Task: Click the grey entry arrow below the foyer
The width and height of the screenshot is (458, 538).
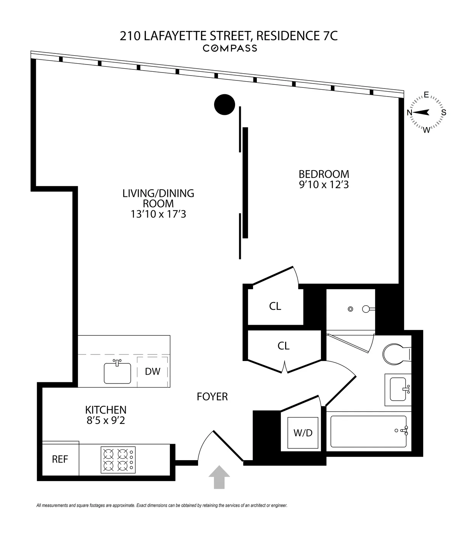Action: click(219, 477)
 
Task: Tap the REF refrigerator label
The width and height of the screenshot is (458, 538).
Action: click(60, 459)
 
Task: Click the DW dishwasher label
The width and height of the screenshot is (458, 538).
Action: click(153, 371)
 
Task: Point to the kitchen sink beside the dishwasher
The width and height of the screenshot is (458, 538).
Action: click(117, 373)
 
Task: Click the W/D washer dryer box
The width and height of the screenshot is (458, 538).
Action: click(303, 433)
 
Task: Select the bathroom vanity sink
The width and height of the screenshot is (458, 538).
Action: click(397, 390)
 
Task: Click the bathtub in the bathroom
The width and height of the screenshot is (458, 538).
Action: click(368, 431)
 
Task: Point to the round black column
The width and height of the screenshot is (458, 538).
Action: click(224, 104)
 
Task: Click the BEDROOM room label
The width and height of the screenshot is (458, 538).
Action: click(324, 174)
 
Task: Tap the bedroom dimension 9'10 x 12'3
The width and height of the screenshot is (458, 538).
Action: click(324, 185)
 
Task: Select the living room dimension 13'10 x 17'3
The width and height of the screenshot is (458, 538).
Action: click(158, 214)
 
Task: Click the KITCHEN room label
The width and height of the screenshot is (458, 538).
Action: click(106, 410)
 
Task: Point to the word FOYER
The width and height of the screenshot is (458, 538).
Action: click(212, 397)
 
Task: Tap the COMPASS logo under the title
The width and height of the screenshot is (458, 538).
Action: click(229, 48)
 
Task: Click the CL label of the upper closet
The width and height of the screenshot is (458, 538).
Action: click(275, 306)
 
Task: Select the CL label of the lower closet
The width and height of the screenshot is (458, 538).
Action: click(284, 346)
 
